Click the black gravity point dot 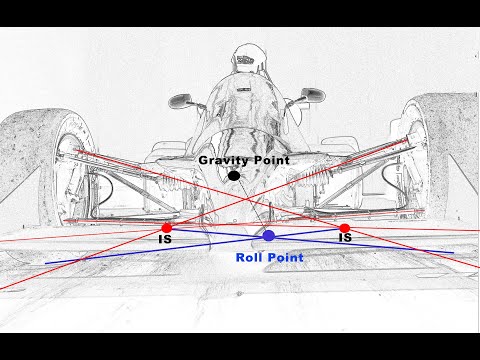[x=234, y=175]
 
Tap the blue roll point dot [x=269, y=236]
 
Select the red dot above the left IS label [x=166, y=228]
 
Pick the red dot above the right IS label [x=345, y=228]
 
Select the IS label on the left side [x=164, y=240]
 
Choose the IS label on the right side [x=345, y=240]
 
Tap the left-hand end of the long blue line [x=46, y=263]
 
